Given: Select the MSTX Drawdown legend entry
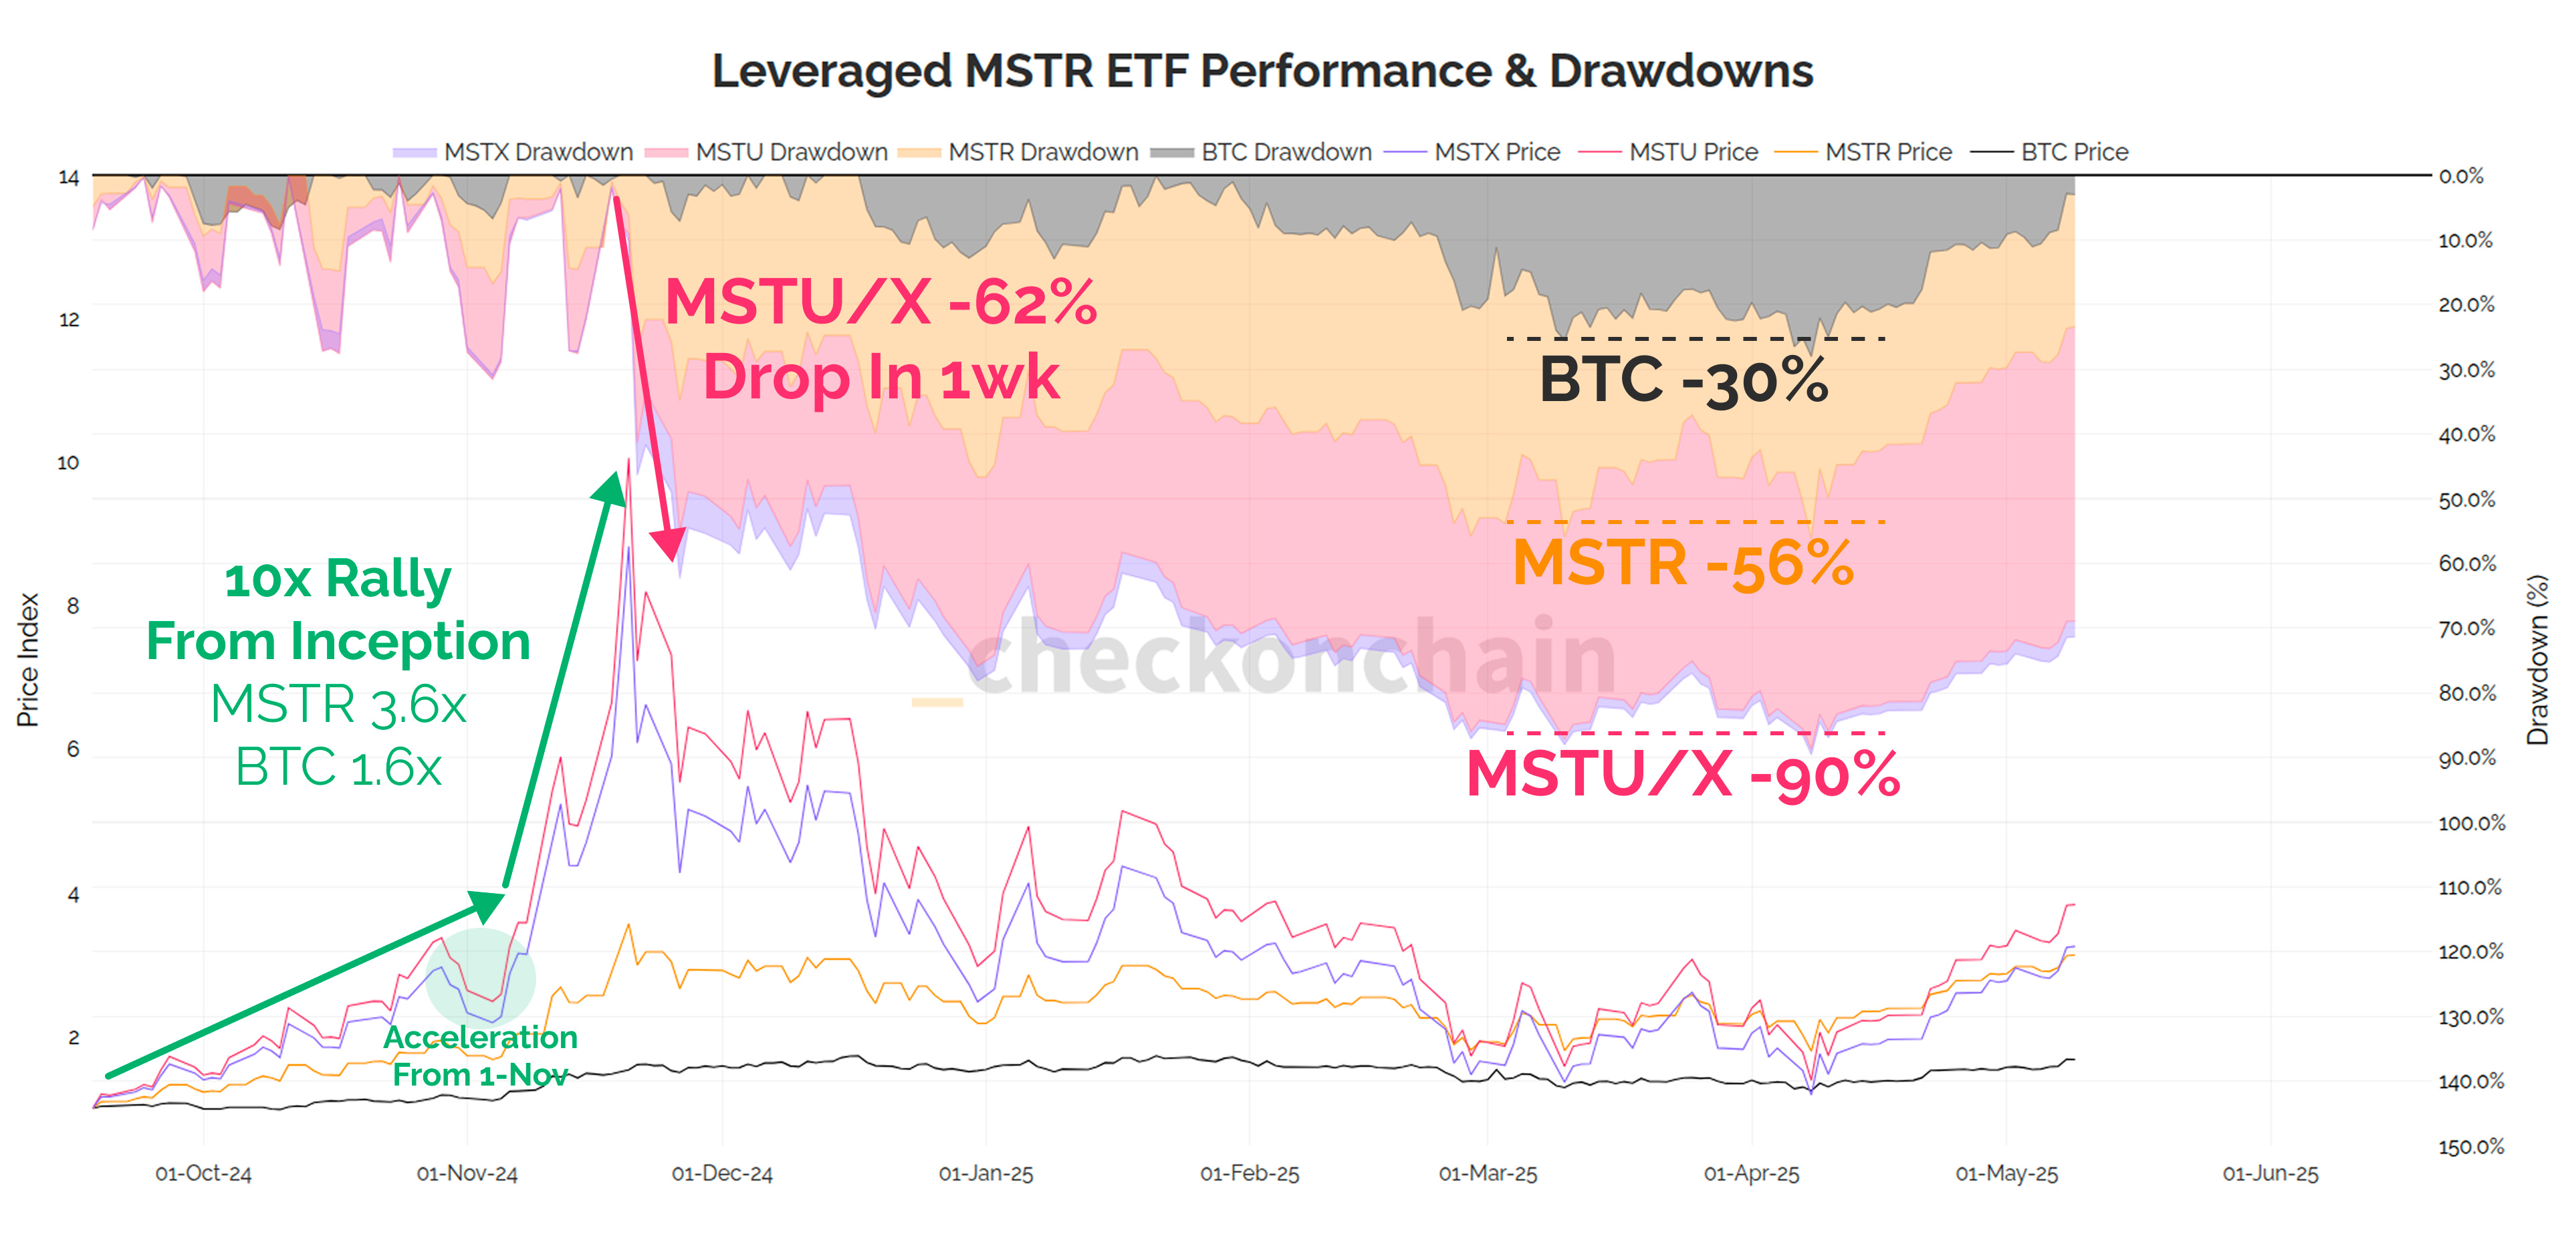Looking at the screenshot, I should pos(537,152).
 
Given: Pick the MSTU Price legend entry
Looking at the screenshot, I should pos(1692,152).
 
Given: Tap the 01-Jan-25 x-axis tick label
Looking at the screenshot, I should pos(985,1173).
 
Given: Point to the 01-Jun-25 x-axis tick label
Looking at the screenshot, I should pos(2270,1173).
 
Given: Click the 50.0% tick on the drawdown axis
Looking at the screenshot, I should pos(2466,499).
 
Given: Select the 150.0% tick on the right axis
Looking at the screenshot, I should pos(2470,1146).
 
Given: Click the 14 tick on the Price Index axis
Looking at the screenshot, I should pos(69,178).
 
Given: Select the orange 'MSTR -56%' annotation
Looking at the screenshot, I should pos(1683,564).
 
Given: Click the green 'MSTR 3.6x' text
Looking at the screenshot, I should pos(338,704).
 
